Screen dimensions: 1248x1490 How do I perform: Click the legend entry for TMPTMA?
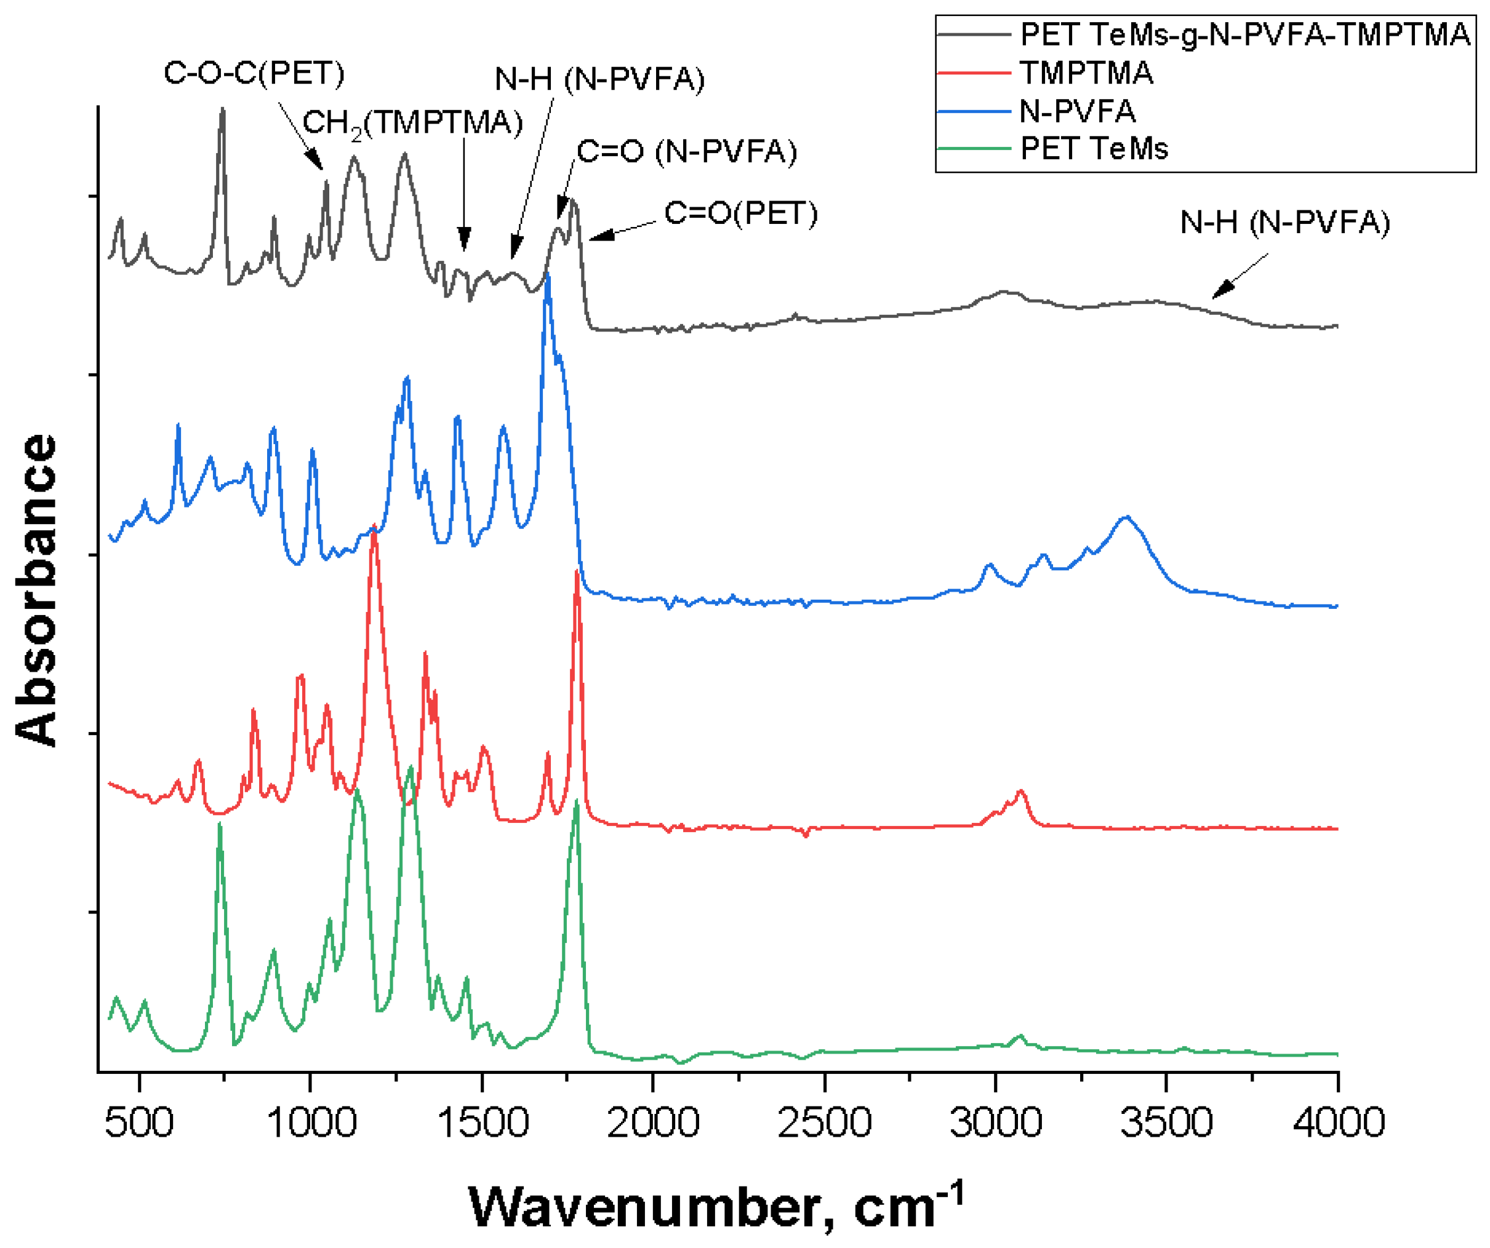coord(1086,73)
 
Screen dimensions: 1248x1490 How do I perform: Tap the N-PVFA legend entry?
coord(1077,111)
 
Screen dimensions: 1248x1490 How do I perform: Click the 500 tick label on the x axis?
coord(139,1123)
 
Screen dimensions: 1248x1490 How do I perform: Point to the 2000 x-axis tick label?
coord(653,1123)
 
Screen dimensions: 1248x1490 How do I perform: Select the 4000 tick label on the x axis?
coord(1338,1123)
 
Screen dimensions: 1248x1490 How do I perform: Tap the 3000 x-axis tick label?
coord(995,1123)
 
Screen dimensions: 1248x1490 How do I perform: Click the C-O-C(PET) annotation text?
coord(254,73)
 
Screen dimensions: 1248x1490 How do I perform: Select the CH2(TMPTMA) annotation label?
coord(412,124)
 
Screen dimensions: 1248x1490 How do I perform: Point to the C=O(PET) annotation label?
coord(740,213)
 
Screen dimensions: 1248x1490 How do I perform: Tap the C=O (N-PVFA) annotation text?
coord(686,152)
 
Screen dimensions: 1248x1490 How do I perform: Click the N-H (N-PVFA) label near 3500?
coord(1284,223)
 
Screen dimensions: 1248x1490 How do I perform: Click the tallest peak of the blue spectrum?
coord(547,278)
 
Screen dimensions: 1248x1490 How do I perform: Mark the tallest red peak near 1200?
coord(374,533)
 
